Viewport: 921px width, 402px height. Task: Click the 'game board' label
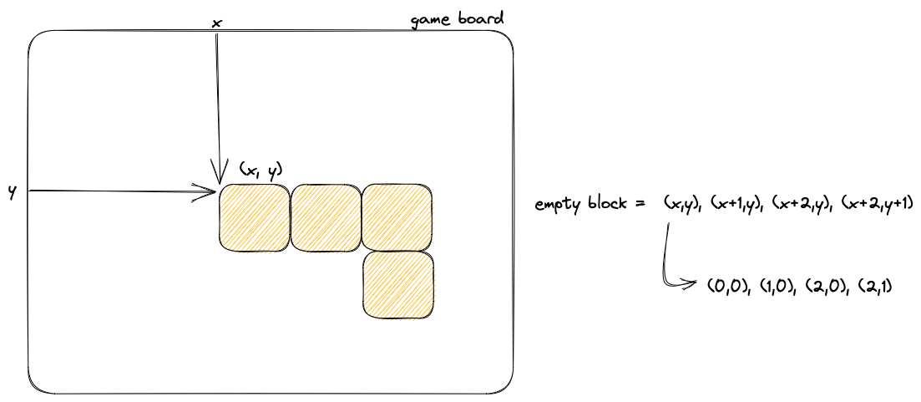[x=457, y=19]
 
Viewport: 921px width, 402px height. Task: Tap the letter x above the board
[x=216, y=23]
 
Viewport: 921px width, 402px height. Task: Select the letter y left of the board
[x=13, y=191]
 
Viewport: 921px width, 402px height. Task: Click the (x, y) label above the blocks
[x=261, y=170]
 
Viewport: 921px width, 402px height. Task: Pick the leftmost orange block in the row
[x=254, y=217]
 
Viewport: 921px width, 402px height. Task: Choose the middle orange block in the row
[x=325, y=217]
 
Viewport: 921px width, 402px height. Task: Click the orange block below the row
[x=398, y=285]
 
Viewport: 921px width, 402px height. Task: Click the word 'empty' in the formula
[x=558, y=204]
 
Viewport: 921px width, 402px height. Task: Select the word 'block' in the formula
[x=607, y=203]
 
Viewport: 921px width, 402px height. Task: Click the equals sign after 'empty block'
[x=640, y=204]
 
